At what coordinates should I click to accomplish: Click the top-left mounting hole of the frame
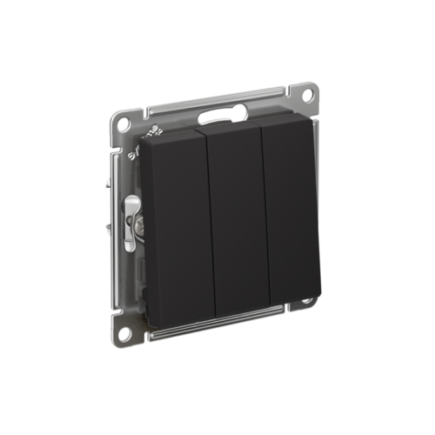coord(124,124)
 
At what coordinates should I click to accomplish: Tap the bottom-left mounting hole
coord(126,331)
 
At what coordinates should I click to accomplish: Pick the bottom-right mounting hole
coord(307,302)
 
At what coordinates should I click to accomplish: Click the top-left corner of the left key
coord(145,144)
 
